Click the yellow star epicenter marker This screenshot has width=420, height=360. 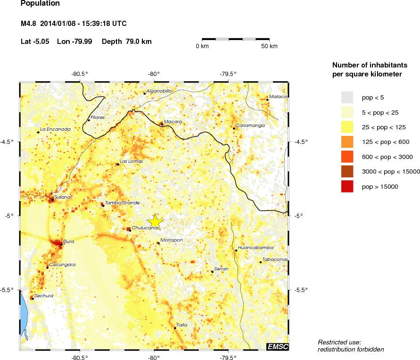155,221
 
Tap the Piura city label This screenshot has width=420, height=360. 69,241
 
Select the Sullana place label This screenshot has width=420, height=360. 62,197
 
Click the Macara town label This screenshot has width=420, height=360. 173,122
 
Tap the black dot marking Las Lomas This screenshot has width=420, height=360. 118,164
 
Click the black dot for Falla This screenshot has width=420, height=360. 175,328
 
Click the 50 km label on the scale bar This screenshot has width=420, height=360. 270,46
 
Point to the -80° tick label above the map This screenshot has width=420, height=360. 154,74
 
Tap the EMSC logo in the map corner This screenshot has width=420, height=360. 277,346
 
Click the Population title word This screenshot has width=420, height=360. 41,4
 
